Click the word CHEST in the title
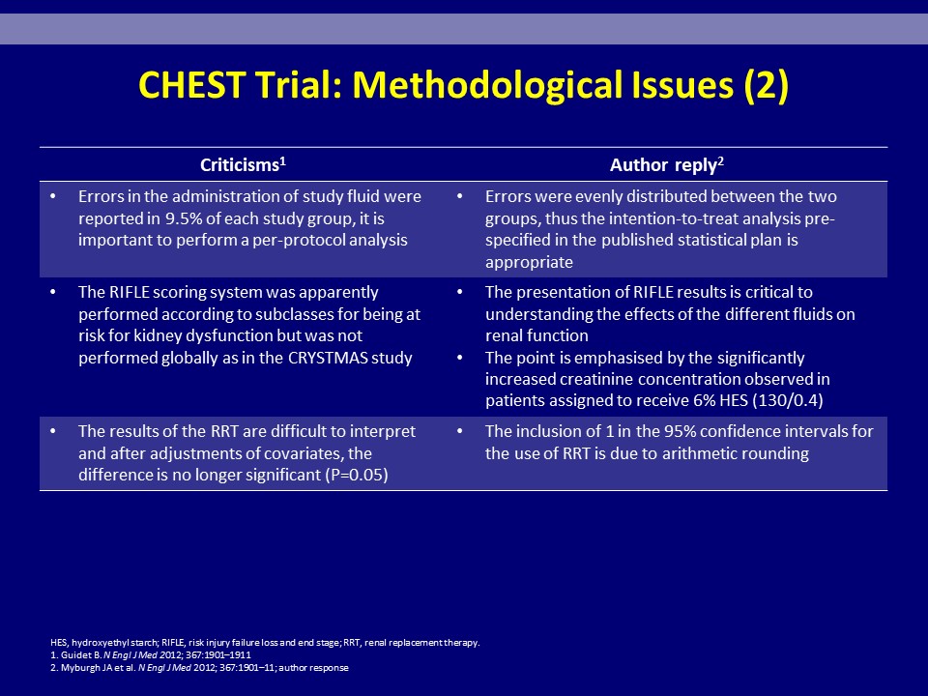pos(191,85)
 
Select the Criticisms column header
pos(243,164)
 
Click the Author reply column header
pos(666,164)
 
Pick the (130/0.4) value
pos(787,400)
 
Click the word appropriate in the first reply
pos(529,262)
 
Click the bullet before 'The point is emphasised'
pos(459,358)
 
